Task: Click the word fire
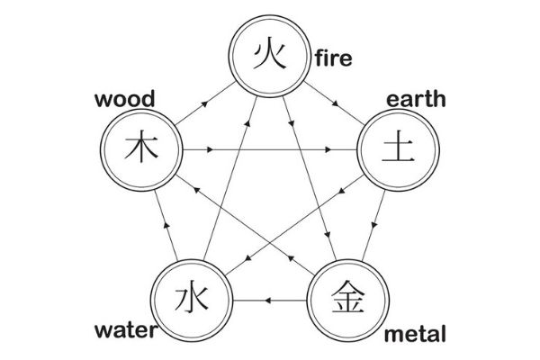point(333,60)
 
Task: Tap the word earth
point(415,98)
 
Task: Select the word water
point(124,330)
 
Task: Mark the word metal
point(415,335)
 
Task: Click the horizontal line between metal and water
point(270,298)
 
